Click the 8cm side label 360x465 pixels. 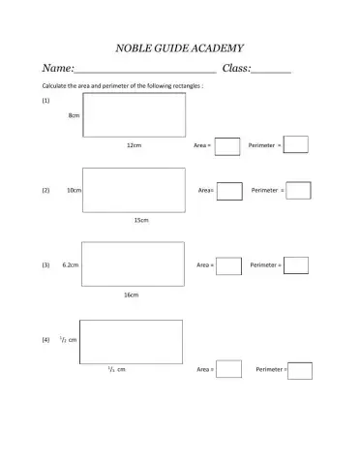[74, 114]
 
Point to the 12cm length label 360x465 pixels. [135, 144]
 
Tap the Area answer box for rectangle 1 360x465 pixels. [227, 146]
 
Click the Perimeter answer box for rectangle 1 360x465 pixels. [296, 144]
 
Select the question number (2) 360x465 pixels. [45, 191]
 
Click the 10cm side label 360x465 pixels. [74, 191]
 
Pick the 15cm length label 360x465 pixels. [141, 220]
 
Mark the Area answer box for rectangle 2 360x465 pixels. [229, 191]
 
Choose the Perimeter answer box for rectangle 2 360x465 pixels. [299, 191]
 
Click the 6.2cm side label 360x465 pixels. [70, 264]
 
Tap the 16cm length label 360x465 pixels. [131, 294]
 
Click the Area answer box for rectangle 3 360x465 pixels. [228, 265]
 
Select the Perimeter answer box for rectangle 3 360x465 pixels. [296, 264]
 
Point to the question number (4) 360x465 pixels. [45, 340]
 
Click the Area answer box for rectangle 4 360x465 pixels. [228, 369]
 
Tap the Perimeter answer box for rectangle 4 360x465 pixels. [300, 370]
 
